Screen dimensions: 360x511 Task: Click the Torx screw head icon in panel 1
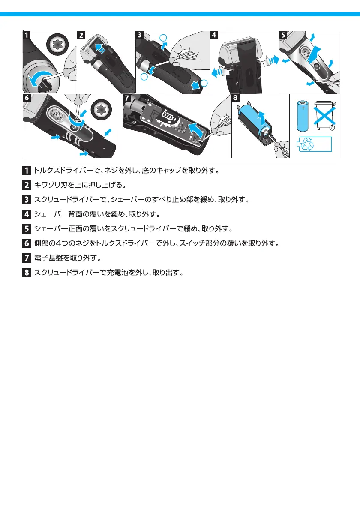(x=56, y=44)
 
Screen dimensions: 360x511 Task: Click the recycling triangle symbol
(x=307, y=144)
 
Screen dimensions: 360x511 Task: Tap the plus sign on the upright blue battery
(x=304, y=108)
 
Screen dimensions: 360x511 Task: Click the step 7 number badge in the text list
(x=27, y=258)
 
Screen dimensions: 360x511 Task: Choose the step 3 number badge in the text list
(x=27, y=200)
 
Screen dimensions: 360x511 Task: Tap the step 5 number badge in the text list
(x=27, y=229)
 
